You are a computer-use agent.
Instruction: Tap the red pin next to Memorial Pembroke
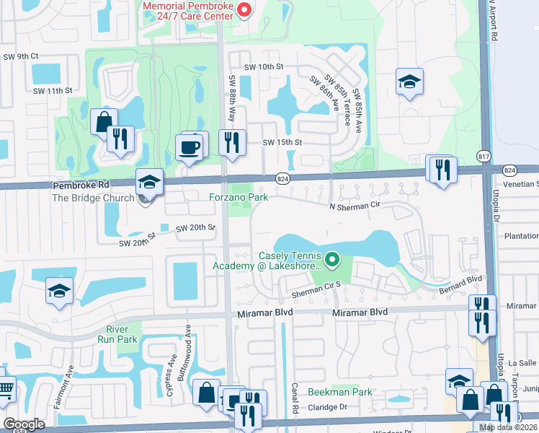[244, 9]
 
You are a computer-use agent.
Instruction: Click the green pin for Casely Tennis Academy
[332, 258]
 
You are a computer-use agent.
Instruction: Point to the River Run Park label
[117, 333]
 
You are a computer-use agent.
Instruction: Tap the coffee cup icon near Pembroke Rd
[191, 147]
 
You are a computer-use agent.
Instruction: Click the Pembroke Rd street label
[80, 185]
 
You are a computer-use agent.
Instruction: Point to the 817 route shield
[484, 156]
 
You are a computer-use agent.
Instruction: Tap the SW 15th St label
[281, 143]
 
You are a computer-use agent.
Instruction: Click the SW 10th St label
[264, 66]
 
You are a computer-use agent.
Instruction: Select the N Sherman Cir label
[354, 206]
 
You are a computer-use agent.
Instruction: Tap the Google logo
[24, 424]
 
